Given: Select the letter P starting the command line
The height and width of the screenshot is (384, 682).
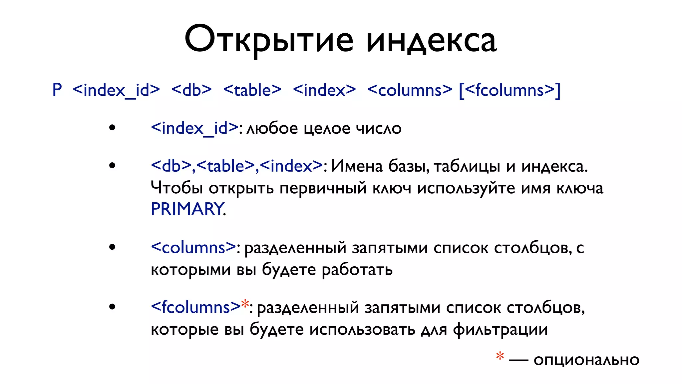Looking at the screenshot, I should (x=57, y=90).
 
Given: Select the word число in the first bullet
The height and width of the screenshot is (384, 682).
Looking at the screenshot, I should (x=379, y=129).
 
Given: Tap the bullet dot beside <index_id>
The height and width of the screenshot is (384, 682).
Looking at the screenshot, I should (x=112, y=128).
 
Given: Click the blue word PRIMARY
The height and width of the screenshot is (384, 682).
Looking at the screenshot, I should (x=187, y=209).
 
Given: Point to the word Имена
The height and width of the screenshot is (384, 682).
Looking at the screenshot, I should (x=357, y=166).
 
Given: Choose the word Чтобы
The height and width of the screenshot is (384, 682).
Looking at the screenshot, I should (x=176, y=188).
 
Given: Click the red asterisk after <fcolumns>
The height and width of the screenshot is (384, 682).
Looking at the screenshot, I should (x=245, y=304).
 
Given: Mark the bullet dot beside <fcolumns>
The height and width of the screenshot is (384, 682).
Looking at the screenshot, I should (x=112, y=307).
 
